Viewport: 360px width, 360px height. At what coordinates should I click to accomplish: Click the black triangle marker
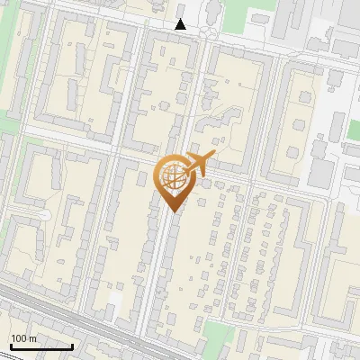tap(181, 25)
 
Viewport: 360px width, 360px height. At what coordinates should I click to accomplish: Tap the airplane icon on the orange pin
tap(198, 165)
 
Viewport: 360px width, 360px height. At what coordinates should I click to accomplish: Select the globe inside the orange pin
tap(173, 175)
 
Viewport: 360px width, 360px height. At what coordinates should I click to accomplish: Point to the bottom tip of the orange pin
tap(174, 212)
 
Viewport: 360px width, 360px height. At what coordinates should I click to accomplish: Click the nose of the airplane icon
tap(213, 155)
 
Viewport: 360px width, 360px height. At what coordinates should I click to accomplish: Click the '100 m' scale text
tap(23, 337)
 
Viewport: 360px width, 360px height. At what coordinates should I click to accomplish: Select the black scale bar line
tap(40, 346)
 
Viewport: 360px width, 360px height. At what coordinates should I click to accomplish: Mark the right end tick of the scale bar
tap(72, 344)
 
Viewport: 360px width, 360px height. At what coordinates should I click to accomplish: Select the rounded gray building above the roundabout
tap(214, 10)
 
